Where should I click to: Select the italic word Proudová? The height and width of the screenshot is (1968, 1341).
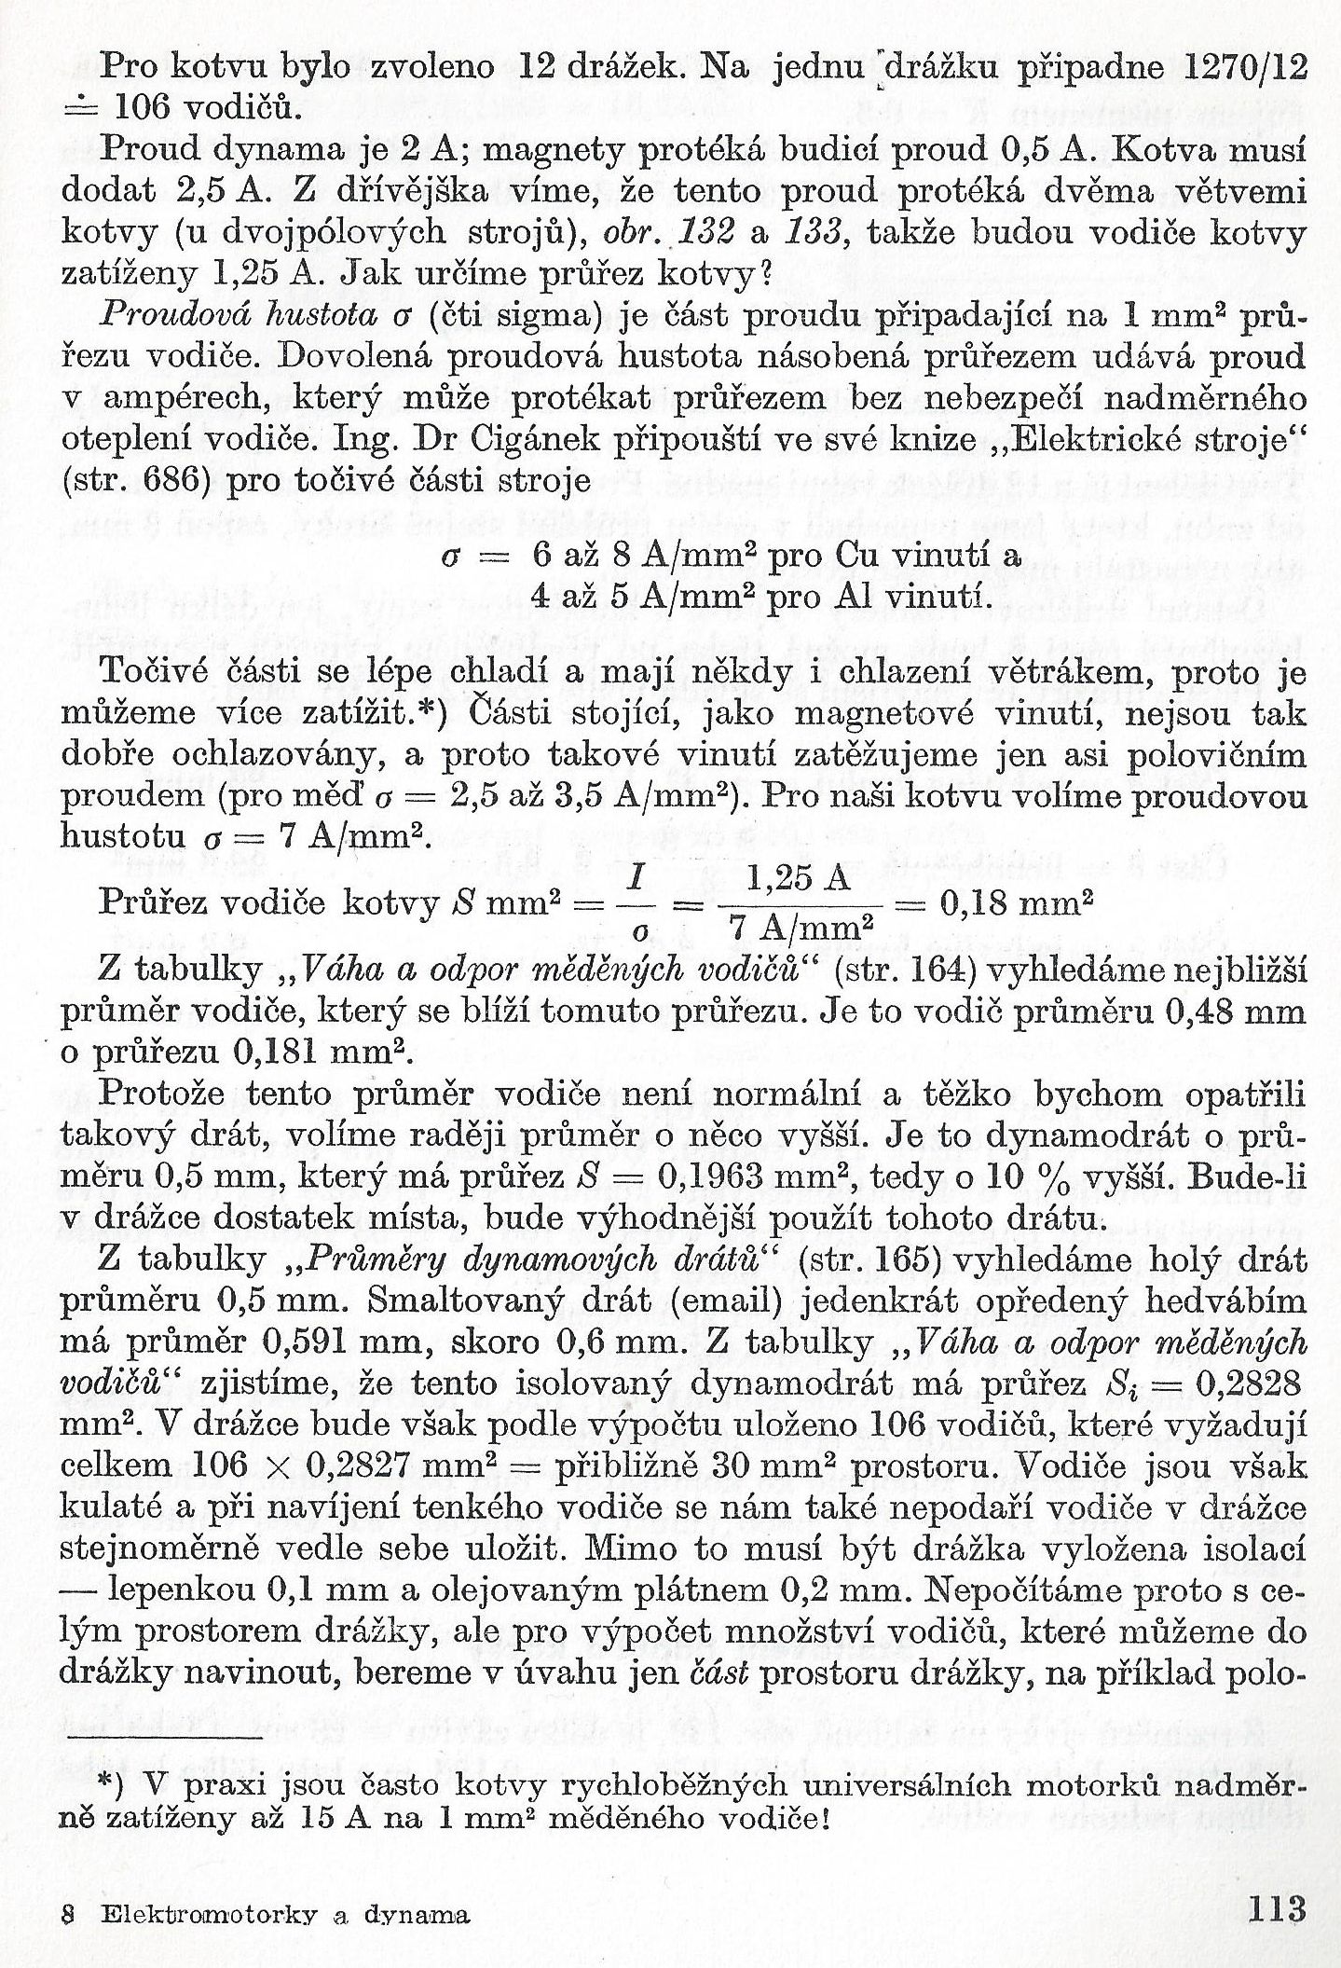(x=168, y=314)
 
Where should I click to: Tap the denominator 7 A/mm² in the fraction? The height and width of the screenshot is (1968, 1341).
(x=801, y=928)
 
